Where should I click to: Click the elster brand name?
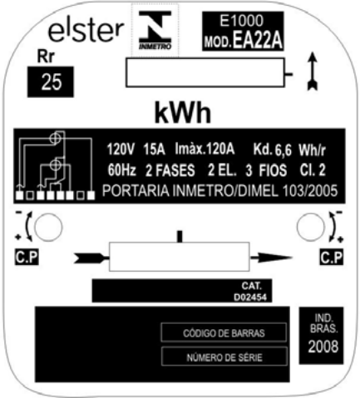pyautogui.click(x=86, y=31)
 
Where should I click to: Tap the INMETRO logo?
pyautogui.click(x=155, y=30)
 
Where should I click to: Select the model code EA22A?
pyautogui.click(x=258, y=41)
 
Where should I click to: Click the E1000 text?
pyautogui.click(x=241, y=21)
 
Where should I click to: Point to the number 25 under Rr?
pyautogui.click(x=52, y=82)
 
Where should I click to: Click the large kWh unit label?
pyautogui.click(x=183, y=113)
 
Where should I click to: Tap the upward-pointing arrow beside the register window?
pyautogui.click(x=313, y=71)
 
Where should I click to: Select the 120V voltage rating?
pyautogui.click(x=121, y=150)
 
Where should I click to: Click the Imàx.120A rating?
pyautogui.click(x=205, y=149)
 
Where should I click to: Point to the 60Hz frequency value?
pyautogui.click(x=121, y=170)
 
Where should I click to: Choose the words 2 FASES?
pyautogui.click(x=170, y=170)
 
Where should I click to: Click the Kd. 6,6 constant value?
pyautogui.click(x=273, y=150)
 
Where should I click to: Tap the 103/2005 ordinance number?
pyautogui.click(x=310, y=191)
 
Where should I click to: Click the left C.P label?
pyautogui.click(x=27, y=258)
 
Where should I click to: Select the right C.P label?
pyautogui.click(x=332, y=258)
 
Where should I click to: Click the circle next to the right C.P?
pyautogui.click(x=310, y=227)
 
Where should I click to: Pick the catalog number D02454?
pyautogui.click(x=250, y=297)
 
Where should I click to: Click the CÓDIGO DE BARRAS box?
pyautogui.click(x=224, y=332)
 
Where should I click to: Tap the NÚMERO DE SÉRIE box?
pyautogui.click(x=224, y=357)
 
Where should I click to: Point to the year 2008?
pyautogui.click(x=323, y=346)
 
